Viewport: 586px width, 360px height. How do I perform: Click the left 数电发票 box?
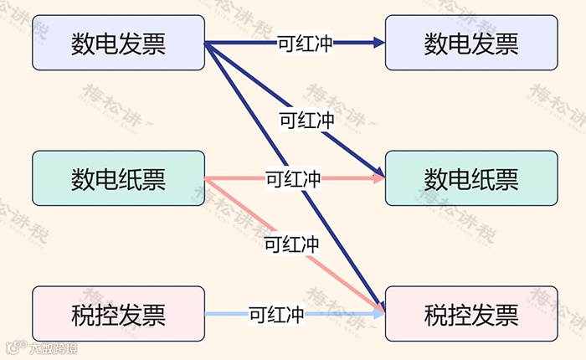coord(118,43)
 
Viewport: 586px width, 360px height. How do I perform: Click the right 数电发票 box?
coord(471,43)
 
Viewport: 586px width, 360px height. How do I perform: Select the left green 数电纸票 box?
coord(118,178)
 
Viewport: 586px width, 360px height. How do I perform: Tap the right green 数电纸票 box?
coord(471,178)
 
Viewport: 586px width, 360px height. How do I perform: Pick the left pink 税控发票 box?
coord(118,314)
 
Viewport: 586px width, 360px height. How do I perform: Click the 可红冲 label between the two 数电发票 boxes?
coord(305,43)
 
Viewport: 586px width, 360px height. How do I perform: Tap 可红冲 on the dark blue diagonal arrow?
coord(306,120)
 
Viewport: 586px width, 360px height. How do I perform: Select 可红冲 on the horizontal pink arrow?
coord(293,178)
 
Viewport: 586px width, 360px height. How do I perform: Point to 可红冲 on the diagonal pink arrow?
coord(291,244)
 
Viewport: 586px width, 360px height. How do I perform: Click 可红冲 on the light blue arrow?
coord(276,315)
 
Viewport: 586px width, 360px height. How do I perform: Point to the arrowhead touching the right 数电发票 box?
coord(378,43)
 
